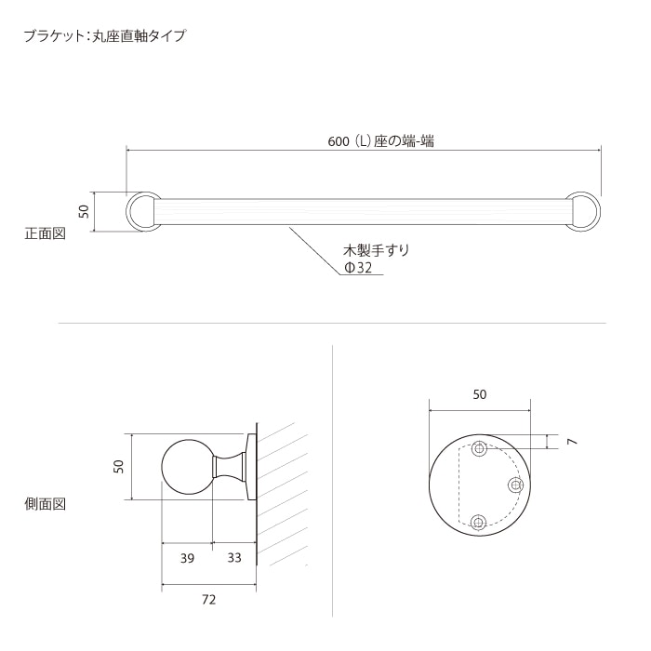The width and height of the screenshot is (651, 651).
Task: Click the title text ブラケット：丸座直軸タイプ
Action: point(105,37)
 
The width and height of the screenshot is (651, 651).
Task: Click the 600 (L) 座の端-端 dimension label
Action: point(381,141)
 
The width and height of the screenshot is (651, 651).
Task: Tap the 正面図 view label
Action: point(45,233)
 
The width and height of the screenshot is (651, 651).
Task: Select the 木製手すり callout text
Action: point(376,250)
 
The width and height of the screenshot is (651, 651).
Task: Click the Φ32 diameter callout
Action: point(358,268)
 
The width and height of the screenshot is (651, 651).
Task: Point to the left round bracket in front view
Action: point(142,211)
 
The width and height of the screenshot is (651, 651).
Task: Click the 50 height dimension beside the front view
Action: point(84,212)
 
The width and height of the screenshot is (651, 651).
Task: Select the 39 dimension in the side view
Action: point(187,558)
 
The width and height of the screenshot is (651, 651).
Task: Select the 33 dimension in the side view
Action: point(234,558)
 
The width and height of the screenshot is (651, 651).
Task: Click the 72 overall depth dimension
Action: point(208,600)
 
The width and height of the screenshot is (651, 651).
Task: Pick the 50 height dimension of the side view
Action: point(118,466)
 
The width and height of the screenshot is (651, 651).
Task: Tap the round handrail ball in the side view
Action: point(188,466)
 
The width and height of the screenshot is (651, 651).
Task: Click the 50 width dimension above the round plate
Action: point(480,394)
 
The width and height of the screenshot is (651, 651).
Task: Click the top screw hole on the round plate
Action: point(479,450)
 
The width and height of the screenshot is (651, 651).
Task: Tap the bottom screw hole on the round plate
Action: point(479,522)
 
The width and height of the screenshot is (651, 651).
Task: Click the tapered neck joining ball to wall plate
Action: point(228,466)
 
